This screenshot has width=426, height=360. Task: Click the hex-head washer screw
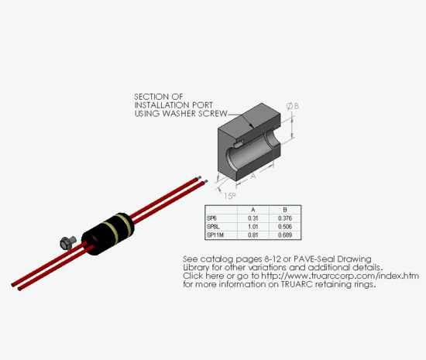tap(67, 243)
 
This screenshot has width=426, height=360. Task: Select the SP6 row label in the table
tap(211, 218)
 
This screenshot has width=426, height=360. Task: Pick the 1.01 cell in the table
tap(253, 227)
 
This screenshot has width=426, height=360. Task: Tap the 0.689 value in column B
tap(285, 235)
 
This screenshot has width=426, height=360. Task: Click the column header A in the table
tap(253, 210)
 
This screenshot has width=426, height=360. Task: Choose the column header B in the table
tap(285, 210)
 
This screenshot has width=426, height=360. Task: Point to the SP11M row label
tap(215, 235)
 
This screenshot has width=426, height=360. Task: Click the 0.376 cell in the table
tap(285, 218)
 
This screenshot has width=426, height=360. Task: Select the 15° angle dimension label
tap(230, 196)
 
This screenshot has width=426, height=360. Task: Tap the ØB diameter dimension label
tap(293, 106)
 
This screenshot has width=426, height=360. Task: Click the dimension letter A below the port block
tap(253, 177)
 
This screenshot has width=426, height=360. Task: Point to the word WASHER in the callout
tap(179, 114)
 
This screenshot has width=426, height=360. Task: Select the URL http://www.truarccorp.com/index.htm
tap(340, 276)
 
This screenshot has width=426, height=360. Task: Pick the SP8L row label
tap(213, 227)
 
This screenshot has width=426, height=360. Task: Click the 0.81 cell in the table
tap(253, 235)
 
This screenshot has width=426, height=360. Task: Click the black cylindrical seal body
tap(108, 234)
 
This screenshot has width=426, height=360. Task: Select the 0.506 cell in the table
tap(285, 227)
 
